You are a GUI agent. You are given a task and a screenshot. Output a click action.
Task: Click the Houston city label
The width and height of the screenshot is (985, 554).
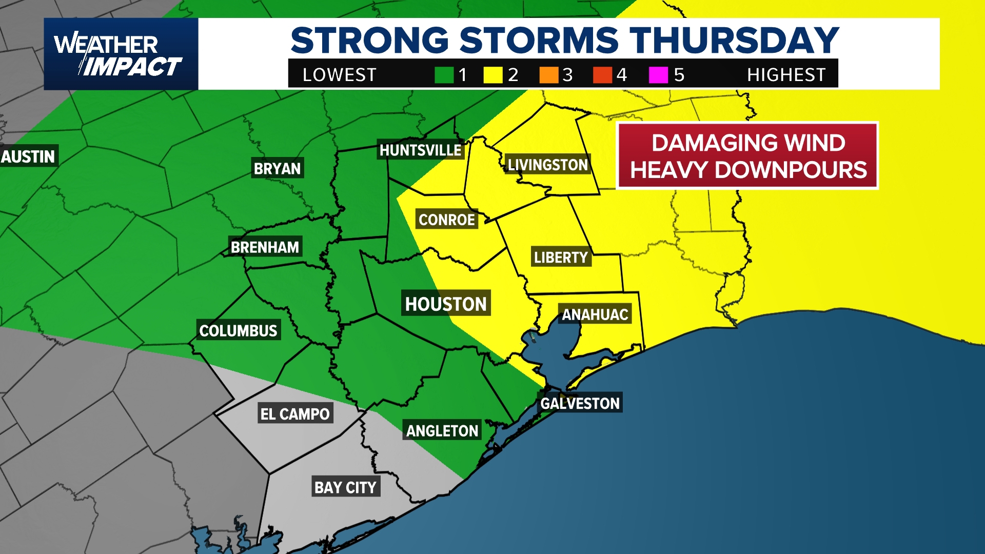446,304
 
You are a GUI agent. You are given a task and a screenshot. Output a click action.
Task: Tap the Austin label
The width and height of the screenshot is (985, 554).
28,156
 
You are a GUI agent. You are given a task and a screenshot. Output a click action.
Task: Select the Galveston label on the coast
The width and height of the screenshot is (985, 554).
580,403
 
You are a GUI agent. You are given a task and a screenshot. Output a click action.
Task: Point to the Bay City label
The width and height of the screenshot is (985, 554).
345,487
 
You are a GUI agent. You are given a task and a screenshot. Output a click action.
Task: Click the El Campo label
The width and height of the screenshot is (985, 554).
295,413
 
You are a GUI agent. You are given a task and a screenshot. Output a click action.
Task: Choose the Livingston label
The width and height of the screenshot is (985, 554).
547,165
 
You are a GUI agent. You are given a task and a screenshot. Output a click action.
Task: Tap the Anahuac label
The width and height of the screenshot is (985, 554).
595,314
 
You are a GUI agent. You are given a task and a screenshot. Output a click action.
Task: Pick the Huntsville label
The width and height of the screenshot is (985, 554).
420,150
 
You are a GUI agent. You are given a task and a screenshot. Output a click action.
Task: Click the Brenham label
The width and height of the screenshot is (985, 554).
265,247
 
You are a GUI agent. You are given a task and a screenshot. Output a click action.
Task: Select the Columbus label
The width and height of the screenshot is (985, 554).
238,330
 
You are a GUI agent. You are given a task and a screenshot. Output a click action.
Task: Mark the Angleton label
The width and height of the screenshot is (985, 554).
442,430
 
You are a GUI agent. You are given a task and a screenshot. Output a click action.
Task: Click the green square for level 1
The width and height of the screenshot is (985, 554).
444,75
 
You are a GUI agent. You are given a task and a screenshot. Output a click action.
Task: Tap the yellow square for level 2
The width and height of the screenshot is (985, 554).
493,75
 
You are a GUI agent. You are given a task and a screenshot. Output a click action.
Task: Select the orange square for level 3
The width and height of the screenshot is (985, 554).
548,75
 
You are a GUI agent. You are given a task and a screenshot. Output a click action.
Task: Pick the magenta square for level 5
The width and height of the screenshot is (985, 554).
658,75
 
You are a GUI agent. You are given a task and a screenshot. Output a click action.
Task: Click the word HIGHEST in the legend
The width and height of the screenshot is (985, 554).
786,75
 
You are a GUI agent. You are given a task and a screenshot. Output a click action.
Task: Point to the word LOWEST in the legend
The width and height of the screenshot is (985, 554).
339,75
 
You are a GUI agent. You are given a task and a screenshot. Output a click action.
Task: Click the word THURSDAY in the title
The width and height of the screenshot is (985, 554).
734,40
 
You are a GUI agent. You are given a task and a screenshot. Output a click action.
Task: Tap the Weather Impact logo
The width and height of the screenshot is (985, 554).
121,54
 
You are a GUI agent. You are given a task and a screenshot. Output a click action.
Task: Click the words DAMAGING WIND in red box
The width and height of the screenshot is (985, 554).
748,143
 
